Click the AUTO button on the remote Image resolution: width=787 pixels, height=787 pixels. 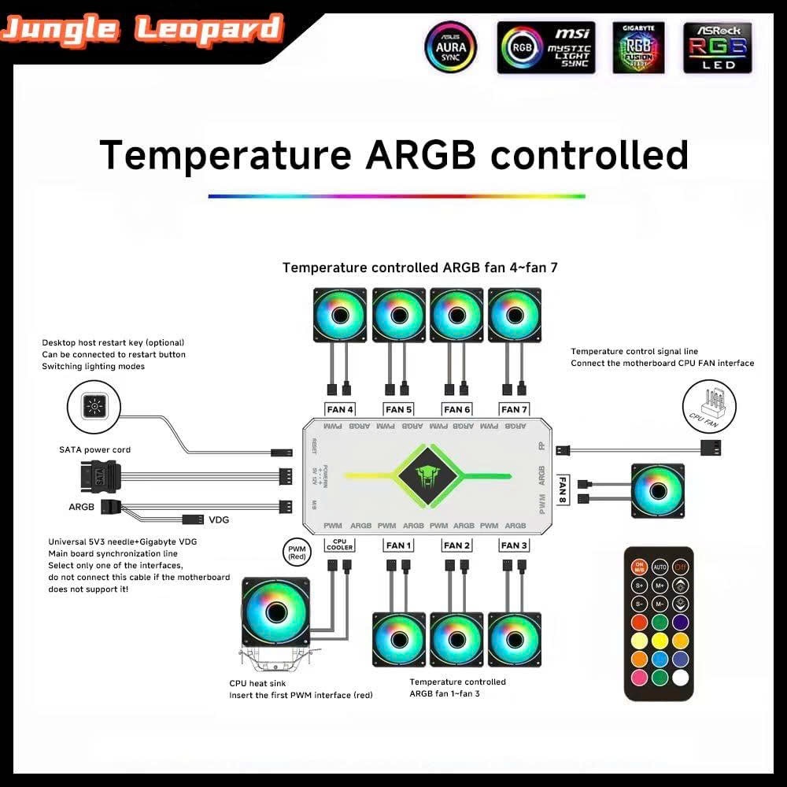click(660, 566)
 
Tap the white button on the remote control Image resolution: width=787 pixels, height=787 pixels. click(681, 677)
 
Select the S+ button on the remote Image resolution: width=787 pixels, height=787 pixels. click(639, 586)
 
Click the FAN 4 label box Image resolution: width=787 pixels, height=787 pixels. click(340, 409)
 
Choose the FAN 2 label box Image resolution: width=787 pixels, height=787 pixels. click(456, 545)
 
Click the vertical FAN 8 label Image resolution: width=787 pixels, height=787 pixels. click(563, 490)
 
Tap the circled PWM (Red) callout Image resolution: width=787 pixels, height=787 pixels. click(297, 552)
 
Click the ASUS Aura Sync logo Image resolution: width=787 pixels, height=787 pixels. click(451, 47)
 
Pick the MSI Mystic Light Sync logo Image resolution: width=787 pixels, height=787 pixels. click(545, 47)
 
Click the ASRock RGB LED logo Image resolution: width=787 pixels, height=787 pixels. click(717, 47)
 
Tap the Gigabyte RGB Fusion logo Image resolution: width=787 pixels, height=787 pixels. click(638, 47)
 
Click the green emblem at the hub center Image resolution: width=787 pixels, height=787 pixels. click(427, 475)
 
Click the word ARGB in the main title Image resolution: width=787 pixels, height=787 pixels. click(420, 155)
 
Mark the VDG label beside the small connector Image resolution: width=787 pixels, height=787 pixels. click(220, 520)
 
